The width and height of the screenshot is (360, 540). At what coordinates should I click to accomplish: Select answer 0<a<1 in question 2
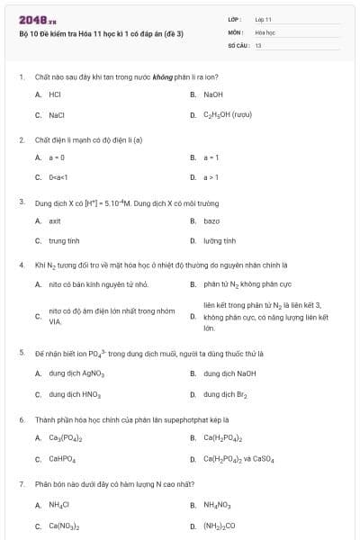(58, 177)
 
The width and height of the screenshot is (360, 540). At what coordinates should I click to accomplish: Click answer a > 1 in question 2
(211, 177)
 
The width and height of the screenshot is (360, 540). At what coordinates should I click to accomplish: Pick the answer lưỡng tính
(220, 241)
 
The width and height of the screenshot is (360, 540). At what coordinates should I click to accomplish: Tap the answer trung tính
(64, 241)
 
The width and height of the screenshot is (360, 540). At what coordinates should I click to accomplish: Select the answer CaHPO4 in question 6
(62, 460)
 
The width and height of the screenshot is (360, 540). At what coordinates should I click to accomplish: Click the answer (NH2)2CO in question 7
(219, 526)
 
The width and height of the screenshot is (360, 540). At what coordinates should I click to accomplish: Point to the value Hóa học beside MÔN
(265, 31)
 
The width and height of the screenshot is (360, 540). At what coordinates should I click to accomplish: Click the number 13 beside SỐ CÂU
(258, 44)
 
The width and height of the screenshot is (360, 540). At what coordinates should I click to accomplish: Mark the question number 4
(22, 265)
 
